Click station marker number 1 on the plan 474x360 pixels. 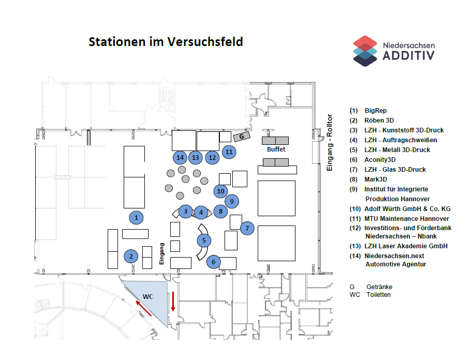[136, 218]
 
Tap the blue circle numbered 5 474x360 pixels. [204, 240]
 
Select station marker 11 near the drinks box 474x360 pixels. [229, 152]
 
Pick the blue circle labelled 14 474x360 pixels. [180, 157]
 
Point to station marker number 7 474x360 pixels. [247, 228]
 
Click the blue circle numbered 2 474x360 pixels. [131, 256]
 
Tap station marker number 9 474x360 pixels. [232, 201]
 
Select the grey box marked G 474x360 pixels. [241, 137]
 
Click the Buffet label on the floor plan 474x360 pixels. [276, 149]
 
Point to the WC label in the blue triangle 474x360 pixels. [147, 296]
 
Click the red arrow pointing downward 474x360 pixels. [173, 302]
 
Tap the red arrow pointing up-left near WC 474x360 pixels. [144, 308]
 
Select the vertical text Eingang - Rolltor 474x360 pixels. [329, 143]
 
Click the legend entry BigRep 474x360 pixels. [376, 111]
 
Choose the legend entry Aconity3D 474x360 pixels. [380, 160]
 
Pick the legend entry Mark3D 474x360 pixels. [376, 179]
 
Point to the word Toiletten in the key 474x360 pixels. [378, 295]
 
